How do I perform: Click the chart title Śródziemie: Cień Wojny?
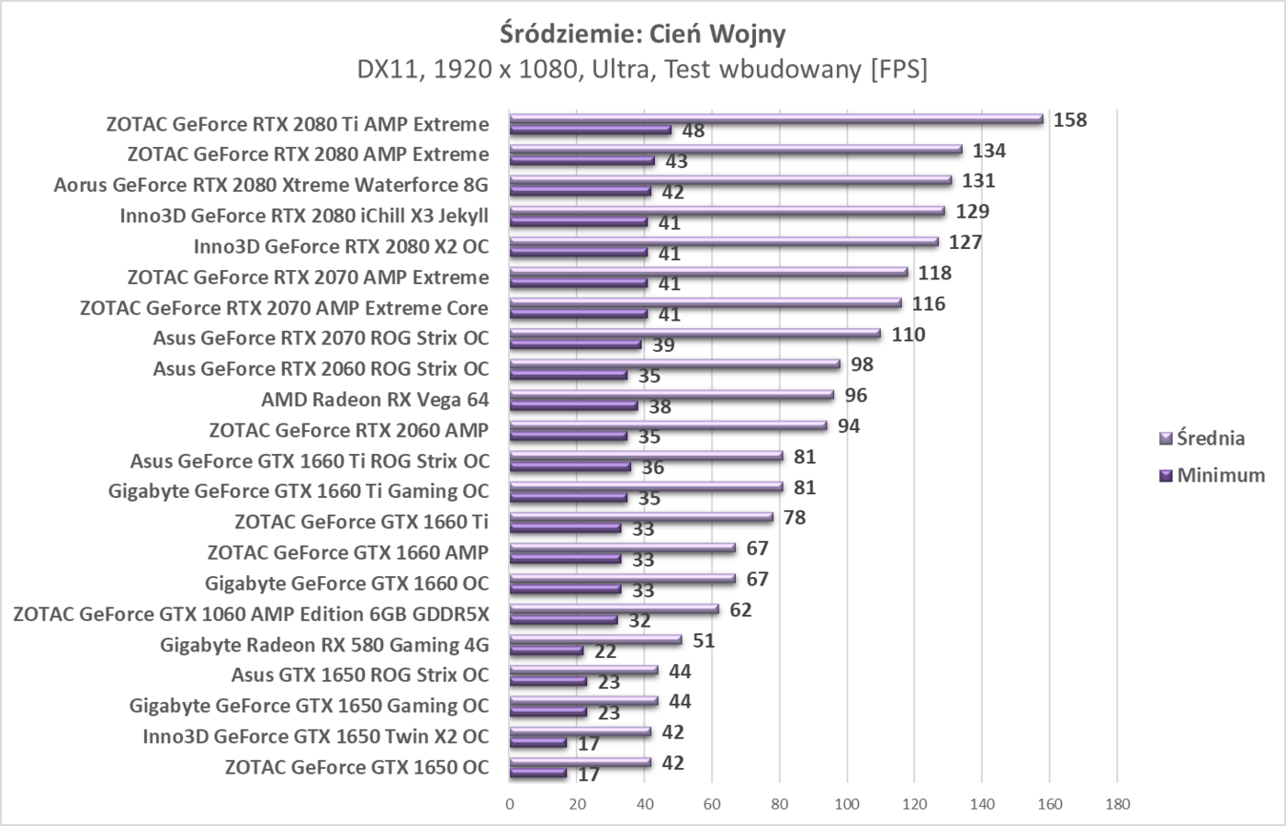[642, 34]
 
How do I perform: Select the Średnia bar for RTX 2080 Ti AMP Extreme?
[776, 119]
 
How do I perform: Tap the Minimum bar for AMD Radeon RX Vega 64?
[573, 405]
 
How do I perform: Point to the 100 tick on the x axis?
[847, 804]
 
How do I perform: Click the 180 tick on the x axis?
[1117, 804]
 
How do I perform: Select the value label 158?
[1070, 119]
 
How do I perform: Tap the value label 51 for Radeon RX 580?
[704, 640]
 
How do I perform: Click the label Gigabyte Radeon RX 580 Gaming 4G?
[324, 644]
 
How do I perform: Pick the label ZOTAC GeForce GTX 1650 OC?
[356, 767]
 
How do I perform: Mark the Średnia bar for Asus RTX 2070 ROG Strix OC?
[694, 334]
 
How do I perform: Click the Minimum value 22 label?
[605, 651]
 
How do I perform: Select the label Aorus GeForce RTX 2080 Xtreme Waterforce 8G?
[271, 185]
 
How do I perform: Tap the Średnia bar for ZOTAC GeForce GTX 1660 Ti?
[641, 517]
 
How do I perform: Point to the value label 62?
[740, 610]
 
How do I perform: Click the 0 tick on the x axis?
[510, 804]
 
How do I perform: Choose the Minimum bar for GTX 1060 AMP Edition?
[563, 619]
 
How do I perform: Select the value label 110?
[908, 334]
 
